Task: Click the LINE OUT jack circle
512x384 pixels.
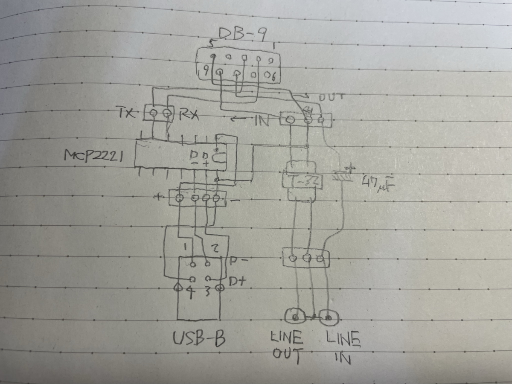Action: point(295,317)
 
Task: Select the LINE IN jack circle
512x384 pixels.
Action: point(329,317)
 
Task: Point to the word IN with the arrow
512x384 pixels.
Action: point(261,121)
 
